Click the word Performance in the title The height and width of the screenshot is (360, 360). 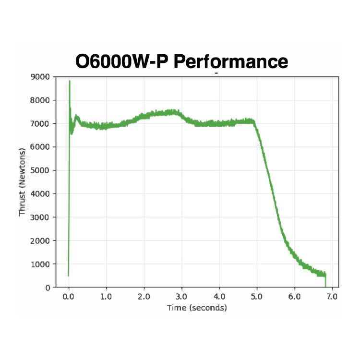[230, 62]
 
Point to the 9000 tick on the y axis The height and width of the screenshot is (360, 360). [40, 77]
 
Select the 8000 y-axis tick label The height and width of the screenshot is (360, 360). [40, 100]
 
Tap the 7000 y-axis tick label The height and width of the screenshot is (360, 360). [40, 124]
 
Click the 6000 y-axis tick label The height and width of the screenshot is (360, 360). [40, 147]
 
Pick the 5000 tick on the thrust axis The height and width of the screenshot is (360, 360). [40, 170]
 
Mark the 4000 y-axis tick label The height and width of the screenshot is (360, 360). [40, 194]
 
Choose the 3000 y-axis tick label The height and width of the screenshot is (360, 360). [40, 217]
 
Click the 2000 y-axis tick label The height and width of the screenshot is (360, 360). [40, 240]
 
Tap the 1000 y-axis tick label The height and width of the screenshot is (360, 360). [40, 264]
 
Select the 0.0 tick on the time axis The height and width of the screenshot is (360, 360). [69, 297]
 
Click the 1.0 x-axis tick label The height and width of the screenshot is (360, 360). [106, 297]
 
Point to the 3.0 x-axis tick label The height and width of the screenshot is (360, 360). [181, 297]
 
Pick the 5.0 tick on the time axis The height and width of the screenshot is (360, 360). [257, 297]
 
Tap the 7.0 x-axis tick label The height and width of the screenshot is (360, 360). [332, 297]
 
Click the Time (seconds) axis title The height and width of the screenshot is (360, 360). [197, 307]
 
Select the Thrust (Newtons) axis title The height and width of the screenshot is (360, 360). [23, 182]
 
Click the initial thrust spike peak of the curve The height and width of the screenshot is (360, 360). [70, 82]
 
